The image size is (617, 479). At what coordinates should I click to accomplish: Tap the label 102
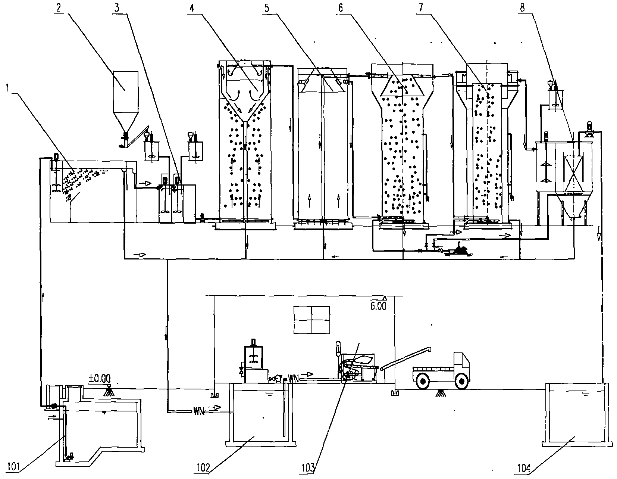204,467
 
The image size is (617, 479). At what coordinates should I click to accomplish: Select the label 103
309,467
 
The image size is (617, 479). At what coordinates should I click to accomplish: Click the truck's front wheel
462,382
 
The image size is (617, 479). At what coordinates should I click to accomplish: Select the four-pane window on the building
312,320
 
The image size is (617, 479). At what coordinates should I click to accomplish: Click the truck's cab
462,363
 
